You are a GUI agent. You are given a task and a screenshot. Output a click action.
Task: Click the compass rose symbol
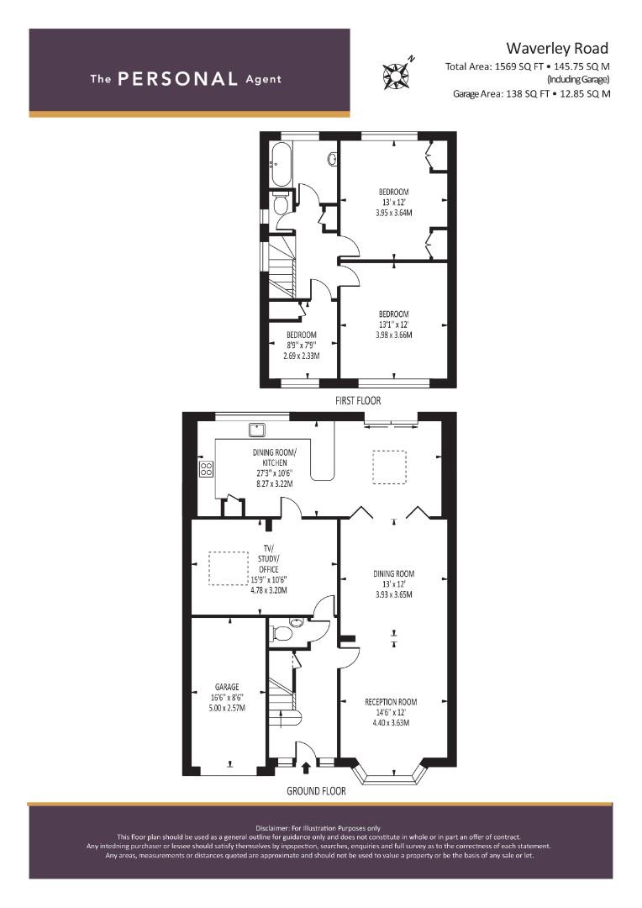[396, 75]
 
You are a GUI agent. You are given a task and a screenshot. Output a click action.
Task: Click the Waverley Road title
[557, 48]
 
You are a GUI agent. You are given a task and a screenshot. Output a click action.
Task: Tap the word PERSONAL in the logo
[177, 79]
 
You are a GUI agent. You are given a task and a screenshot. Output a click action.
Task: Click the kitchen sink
[257, 430]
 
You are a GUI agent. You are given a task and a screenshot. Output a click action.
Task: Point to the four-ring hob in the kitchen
[206, 468]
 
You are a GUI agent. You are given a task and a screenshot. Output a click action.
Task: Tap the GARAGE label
[227, 688]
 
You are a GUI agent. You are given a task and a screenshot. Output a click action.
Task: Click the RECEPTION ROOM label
[391, 702]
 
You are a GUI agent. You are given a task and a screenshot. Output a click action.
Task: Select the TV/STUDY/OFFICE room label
[269, 558]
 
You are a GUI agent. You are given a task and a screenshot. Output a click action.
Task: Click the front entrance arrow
[306, 768]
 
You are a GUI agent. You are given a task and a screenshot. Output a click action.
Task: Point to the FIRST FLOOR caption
[358, 400]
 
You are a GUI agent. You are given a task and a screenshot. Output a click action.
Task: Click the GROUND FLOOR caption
[316, 791]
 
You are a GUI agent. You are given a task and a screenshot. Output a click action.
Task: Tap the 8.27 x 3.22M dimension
[275, 483]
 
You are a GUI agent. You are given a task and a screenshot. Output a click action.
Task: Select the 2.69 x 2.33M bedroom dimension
[301, 356]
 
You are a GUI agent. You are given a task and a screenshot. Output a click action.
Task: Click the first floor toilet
[280, 203]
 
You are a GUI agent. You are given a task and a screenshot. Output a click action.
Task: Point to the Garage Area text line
[531, 94]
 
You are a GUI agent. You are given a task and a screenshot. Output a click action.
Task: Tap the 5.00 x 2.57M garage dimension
[227, 708]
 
